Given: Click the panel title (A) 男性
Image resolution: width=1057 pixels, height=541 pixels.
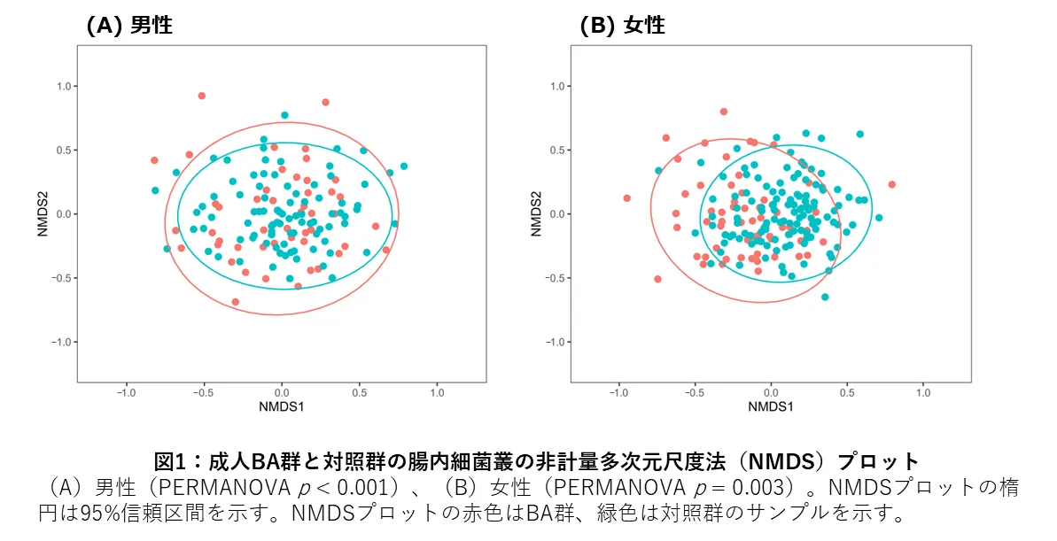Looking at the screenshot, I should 128,26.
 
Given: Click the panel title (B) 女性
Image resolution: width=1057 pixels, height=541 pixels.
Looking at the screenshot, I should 622,26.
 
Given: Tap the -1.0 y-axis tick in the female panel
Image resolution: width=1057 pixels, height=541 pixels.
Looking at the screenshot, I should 555,342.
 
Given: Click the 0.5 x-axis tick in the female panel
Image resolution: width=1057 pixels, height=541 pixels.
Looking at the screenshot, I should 848,391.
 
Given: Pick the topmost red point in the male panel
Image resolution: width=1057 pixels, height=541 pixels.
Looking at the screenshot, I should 202,96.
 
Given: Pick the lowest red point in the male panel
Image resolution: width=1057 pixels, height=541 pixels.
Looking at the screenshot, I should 235,302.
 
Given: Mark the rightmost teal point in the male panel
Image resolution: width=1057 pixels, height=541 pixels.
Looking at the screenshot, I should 404,166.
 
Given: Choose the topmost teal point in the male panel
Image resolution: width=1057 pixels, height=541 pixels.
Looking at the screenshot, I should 284,115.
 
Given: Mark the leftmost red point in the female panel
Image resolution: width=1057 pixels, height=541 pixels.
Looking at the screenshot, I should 626,198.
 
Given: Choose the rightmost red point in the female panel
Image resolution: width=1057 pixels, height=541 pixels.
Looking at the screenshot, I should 892,184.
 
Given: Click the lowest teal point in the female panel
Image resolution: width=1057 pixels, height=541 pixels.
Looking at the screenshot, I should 825,297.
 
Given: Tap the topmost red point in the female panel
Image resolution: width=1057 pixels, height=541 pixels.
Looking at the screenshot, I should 724,112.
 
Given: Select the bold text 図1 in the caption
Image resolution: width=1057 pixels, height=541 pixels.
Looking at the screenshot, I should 168,461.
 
